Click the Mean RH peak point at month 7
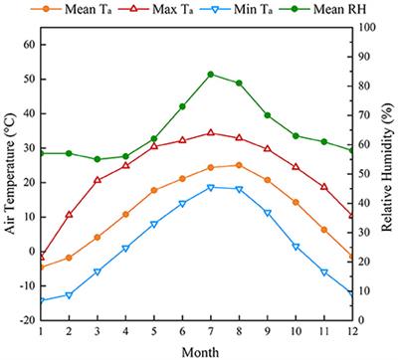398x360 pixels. [211, 74]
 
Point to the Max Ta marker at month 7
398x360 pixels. [211, 132]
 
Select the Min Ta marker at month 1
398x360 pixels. [41, 300]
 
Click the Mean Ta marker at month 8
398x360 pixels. [239, 165]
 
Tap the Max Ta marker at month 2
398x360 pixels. [69, 214]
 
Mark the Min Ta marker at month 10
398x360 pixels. [296, 247]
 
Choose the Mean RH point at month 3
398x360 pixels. [98, 159]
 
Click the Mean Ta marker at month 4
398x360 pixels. [125, 214]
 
